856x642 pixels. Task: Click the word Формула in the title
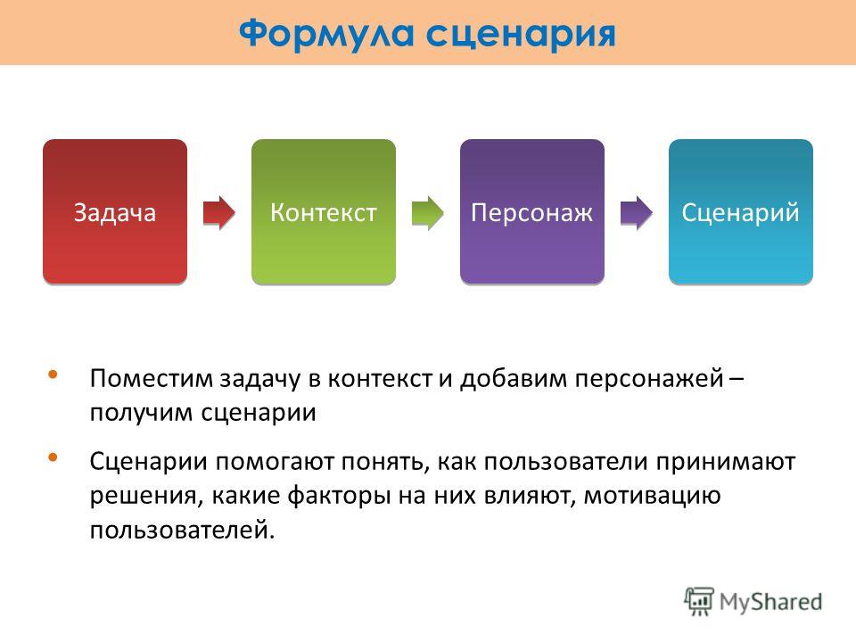[x=326, y=33]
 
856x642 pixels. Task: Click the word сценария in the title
[x=521, y=35]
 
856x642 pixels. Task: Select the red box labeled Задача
[x=115, y=211]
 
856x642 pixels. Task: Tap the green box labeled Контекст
[x=324, y=211]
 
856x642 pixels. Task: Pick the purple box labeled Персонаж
[x=532, y=211]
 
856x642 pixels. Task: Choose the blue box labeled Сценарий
[x=741, y=211]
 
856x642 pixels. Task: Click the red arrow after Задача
[x=219, y=212]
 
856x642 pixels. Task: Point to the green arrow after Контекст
[x=428, y=212]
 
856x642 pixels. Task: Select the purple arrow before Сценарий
[x=637, y=212]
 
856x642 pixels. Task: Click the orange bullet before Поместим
[x=53, y=374]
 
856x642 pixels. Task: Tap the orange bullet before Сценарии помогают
[x=53, y=457]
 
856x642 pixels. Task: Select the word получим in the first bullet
[x=141, y=413]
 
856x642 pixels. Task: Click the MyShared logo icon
[x=699, y=602]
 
